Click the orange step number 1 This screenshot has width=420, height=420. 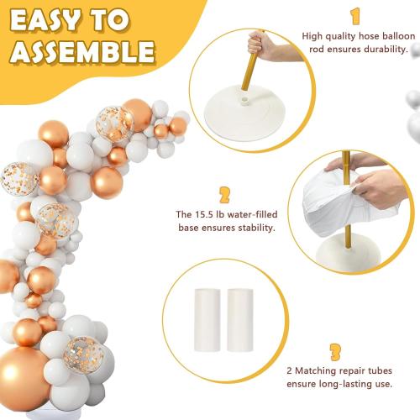[x=355, y=16]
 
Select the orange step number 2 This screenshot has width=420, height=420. [x=224, y=196]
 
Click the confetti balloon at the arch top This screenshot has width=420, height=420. [x=113, y=123]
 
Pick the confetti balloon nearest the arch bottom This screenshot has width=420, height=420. [x=81, y=352]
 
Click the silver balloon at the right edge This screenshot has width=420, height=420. [x=414, y=126]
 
